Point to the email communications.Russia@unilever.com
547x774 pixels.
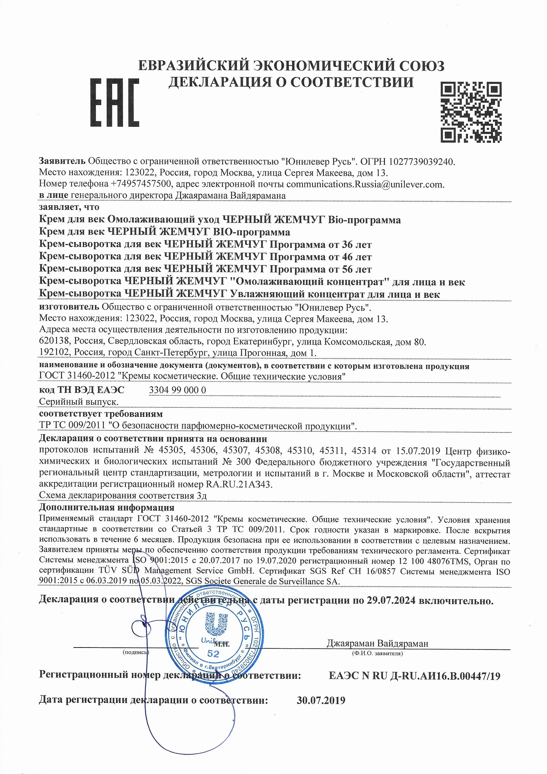click(x=365, y=184)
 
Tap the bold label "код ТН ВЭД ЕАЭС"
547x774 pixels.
click(x=82, y=390)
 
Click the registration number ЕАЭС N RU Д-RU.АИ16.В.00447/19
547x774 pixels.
click(x=414, y=676)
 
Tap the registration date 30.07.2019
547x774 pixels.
click(x=321, y=700)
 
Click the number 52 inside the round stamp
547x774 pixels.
click(x=213, y=654)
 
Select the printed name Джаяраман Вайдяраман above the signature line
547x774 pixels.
click(x=377, y=643)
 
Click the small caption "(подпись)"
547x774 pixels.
click(x=136, y=652)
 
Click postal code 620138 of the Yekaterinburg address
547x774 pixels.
click(x=54, y=342)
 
